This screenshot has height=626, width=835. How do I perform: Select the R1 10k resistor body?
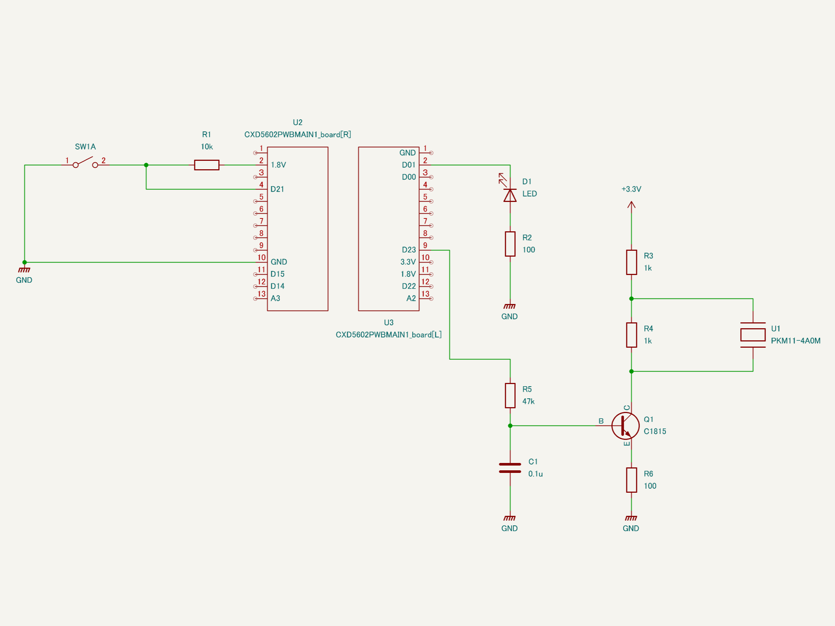point(206,165)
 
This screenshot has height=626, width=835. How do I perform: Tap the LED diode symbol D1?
point(510,195)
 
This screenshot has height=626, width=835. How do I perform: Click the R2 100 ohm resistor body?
point(510,244)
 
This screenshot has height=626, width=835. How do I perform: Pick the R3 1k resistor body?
point(631,262)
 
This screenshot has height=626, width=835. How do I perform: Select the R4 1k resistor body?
point(631,335)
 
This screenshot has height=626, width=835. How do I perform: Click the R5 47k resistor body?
point(510,395)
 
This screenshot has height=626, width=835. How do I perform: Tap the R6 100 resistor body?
point(631,480)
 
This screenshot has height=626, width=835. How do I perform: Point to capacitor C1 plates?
point(510,468)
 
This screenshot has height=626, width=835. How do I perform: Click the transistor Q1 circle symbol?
point(626,426)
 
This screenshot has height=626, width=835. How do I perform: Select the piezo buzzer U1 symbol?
point(753,335)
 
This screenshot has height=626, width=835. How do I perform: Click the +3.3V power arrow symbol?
point(631,205)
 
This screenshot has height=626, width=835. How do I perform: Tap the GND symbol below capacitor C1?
point(510,518)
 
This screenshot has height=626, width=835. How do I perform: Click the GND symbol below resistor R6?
point(631,518)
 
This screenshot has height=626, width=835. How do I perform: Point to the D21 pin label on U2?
point(277,189)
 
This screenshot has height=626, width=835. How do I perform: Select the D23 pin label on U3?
point(409,250)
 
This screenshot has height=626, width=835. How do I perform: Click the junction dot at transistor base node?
point(510,426)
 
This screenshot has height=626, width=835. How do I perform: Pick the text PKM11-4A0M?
point(795,341)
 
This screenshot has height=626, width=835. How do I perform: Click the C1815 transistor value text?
point(655,431)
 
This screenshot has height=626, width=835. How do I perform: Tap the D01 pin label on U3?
point(409,165)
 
